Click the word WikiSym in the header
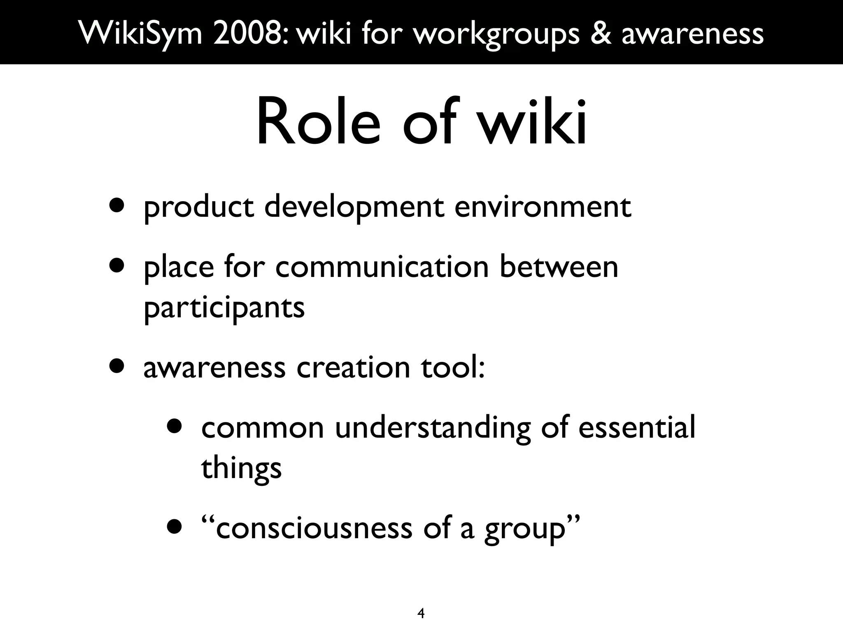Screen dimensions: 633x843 click(x=141, y=33)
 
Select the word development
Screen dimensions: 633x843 click(x=354, y=207)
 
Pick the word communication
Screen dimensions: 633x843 click(x=382, y=267)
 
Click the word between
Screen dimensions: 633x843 click(x=559, y=267)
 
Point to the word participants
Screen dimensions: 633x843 click(x=224, y=308)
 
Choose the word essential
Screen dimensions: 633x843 click(x=636, y=427)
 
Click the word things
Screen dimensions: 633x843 click(x=241, y=469)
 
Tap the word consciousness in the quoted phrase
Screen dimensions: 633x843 click(x=314, y=528)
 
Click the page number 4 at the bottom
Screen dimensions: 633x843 click(x=421, y=614)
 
